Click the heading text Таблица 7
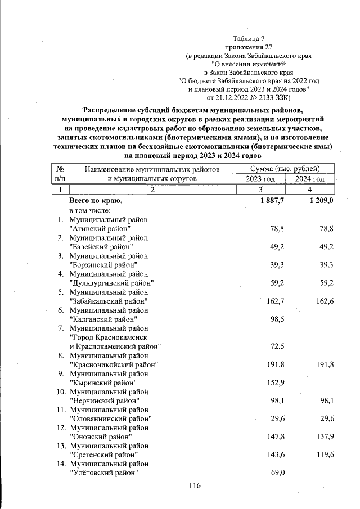click(248, 38)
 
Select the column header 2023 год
click(260, 179)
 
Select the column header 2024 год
click(310, 179)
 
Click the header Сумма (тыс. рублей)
click(285, 169)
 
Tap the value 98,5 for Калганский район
click(275, 319)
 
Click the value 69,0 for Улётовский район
click(275, 472)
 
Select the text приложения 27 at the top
click(248, 47)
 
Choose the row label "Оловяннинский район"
click(110, 418)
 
